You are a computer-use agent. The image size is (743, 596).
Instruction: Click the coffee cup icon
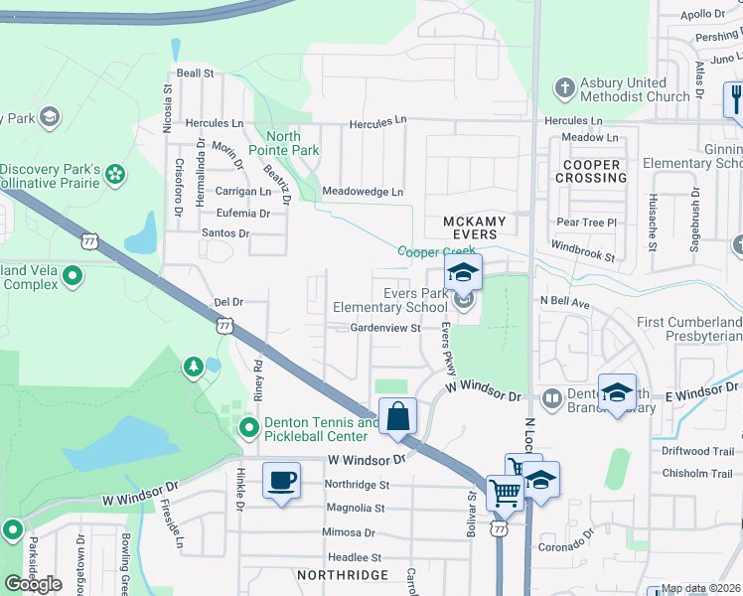281,482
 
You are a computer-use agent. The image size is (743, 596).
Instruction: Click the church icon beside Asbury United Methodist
564,88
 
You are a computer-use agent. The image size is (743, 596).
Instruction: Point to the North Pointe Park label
293,143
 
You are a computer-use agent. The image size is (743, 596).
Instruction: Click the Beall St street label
195,74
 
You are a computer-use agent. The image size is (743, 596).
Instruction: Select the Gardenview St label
378,327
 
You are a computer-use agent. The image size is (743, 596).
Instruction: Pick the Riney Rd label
257,378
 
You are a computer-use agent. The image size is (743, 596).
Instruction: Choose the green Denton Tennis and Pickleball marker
248,428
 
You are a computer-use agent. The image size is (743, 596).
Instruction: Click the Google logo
33,584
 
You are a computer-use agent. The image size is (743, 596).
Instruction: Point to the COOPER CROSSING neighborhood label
591,171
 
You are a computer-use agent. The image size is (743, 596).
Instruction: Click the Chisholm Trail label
697,473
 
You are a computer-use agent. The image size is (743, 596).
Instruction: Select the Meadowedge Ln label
363,191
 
